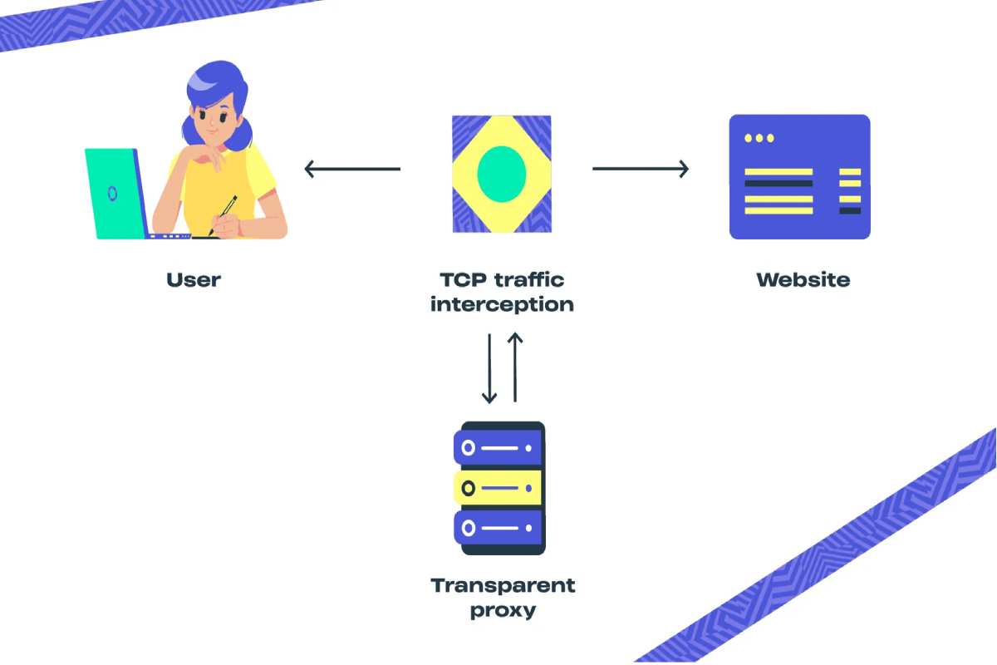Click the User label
(x=194, y=279)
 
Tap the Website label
(x=803, y=279)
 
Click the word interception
(x=502, y=304)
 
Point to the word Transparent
(x=503, y=585)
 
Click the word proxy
(x=503, y=611)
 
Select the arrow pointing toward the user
(x=352, y=170)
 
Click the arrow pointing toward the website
(x=641, y=170)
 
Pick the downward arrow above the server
(x=489, y=368)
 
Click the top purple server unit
(x=498, y=449)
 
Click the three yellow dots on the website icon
(x=759, y=138)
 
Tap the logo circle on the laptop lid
(x=112, y=194)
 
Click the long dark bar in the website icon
(x=778, y=184)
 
